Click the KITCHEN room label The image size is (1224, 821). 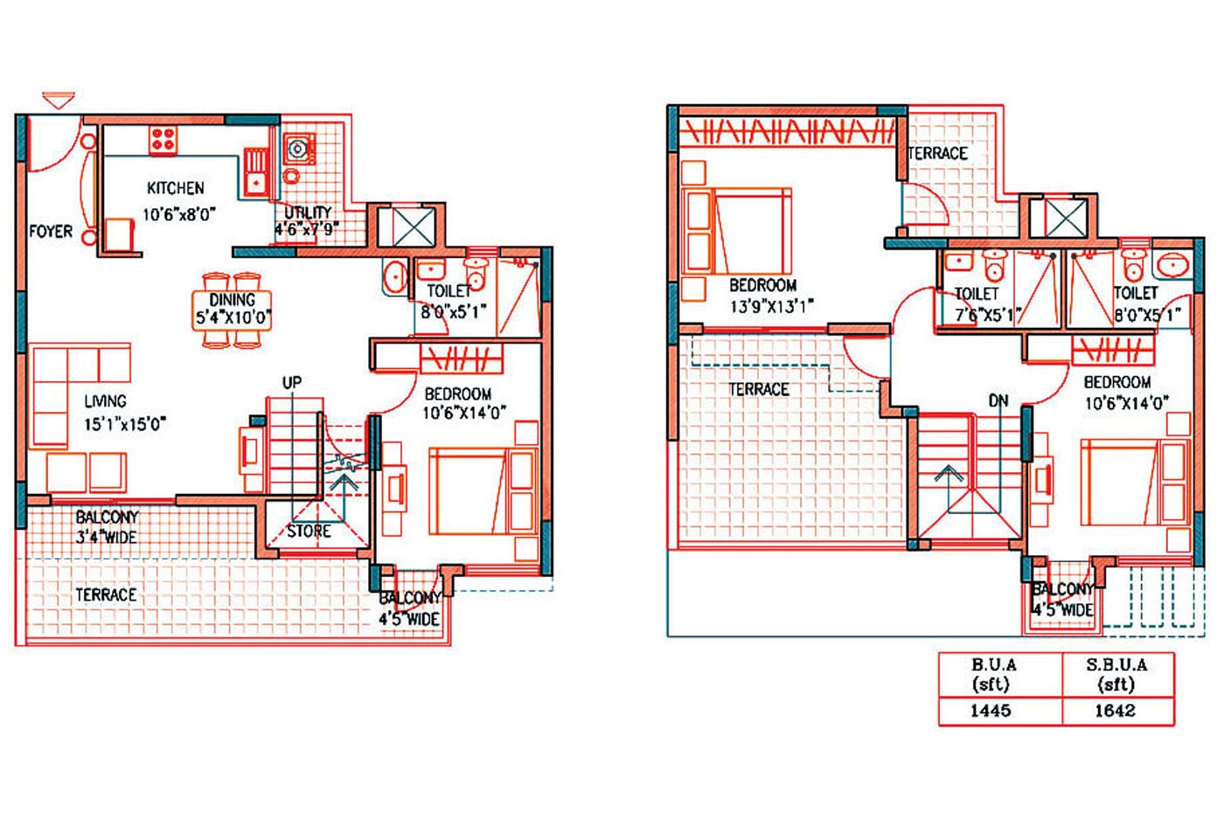(176, 189)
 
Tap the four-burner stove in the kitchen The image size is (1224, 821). (163, 140)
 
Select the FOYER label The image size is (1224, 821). (51, 231)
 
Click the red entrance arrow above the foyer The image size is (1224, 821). (59, 101)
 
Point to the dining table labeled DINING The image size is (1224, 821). (232, 310)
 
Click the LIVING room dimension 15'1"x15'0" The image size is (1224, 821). (125, 424)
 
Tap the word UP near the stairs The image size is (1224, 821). (292, 383)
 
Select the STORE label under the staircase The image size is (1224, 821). (309, 531)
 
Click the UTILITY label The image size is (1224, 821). (308, 212)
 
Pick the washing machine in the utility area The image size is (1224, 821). (299, 149)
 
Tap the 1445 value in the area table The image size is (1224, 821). (991, 710)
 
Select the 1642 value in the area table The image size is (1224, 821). (1116, 710)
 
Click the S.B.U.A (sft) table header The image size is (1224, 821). (1116, 674)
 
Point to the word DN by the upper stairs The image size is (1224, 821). (998, 400)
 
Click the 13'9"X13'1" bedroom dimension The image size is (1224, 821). (771, 306)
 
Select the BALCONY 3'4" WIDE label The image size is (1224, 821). (107, 527)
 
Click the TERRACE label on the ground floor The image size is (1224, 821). (106, 595)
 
